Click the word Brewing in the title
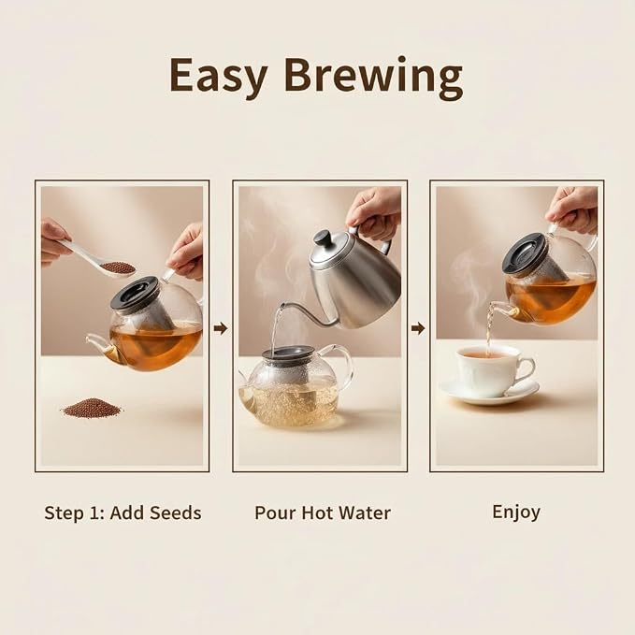click(373, 78)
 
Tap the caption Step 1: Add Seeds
click(123, 512)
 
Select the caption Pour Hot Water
click(323, 512)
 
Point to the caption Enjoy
click(516, 512)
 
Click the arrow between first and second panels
click(221, 328)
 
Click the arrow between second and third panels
click(418, 328)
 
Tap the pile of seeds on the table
click(93, 408)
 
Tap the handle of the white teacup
click(527, 369)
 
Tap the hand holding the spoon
click(54, 242)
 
